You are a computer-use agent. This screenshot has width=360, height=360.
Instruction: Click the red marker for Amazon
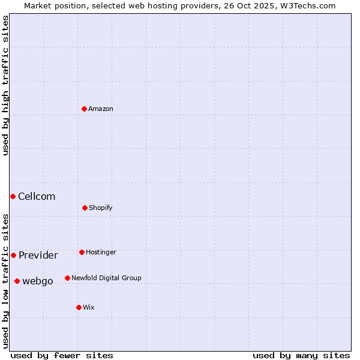coord(84,109)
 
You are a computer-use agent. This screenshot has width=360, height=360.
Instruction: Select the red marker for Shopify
coord(85,208)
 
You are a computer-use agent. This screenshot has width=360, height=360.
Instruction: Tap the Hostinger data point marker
coord(82,252)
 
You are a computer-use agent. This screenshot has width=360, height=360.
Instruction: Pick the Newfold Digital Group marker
coord(67,278)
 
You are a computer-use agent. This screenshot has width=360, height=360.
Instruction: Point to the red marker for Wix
coord(79,307)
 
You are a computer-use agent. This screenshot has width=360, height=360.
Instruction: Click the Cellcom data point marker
coord(13,196)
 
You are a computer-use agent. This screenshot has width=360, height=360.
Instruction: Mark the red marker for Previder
coord(13,255)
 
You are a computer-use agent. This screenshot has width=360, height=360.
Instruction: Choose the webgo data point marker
coord(17,281)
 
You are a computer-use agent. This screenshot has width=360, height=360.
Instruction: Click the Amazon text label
coord(101,109)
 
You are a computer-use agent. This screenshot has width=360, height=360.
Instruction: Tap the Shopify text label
coord(101,208)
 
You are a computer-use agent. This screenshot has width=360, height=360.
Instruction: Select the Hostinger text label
coord(101,252)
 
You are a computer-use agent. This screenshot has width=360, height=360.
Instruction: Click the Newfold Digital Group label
coord(106,278)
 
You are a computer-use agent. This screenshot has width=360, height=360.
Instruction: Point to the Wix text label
coord(89,307)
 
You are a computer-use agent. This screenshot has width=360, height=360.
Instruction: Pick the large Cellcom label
coord(37,196)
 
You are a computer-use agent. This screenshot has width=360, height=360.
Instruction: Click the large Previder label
coord(38,255)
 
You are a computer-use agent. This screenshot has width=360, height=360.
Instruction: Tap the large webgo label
coord(38,281)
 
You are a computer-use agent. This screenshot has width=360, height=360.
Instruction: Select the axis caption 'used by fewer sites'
coord(62,355)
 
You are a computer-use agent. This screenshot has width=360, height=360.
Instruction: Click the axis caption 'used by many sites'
coord(301,355)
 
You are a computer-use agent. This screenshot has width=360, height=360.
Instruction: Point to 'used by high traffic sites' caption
coord(5,85)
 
